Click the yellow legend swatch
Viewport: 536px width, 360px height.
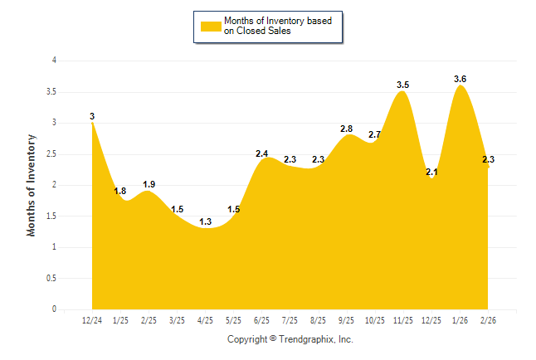coord(210,26)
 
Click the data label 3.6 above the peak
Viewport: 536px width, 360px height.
coord(460,79)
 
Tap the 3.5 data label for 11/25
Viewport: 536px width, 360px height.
coord(403,85)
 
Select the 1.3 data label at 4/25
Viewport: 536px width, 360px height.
coord(205,221)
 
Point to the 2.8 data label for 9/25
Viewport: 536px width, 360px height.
coord(347,129)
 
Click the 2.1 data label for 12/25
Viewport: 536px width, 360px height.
coord(431,172)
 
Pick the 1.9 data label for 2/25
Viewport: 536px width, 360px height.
coord(149,184)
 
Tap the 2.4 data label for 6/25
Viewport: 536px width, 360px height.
coord(261,153)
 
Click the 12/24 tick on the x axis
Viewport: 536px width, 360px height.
coord(92,319)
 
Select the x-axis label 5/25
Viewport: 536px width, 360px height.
coord(233,319)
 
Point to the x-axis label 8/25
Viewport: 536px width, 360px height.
coord(318,319)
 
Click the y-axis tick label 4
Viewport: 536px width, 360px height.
coord(54,61)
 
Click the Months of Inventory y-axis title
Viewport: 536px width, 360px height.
coord(32,185)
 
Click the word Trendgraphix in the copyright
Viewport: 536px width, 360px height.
coord(308,339)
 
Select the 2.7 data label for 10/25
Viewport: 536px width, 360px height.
coord(374,134)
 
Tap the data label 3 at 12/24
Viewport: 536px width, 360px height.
coord(92,116)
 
